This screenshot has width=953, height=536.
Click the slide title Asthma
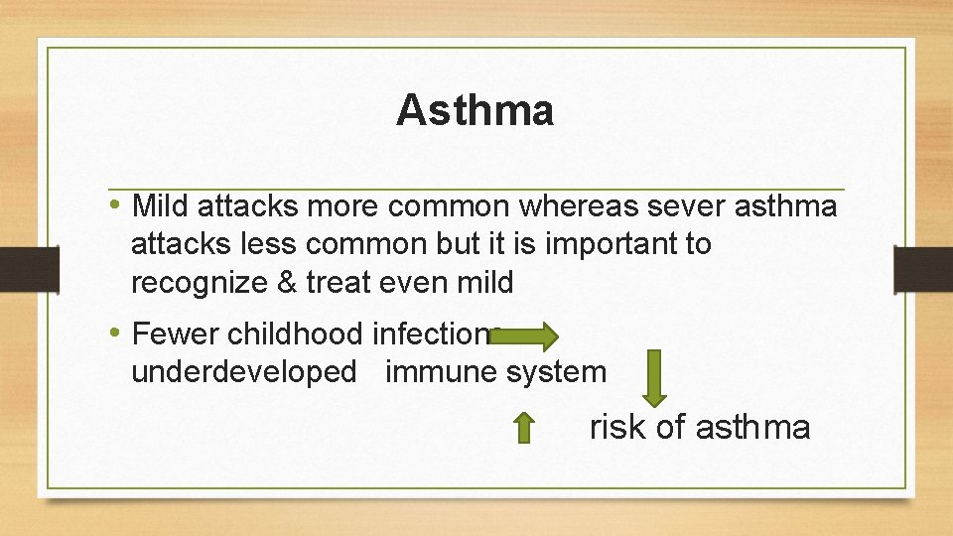(475, 110)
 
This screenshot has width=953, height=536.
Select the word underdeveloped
(243, 372)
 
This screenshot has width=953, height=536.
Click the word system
(556, 372)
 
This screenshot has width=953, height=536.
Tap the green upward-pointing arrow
(524, 428)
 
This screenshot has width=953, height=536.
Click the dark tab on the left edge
(16, 269)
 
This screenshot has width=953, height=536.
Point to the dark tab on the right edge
(923, 269)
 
